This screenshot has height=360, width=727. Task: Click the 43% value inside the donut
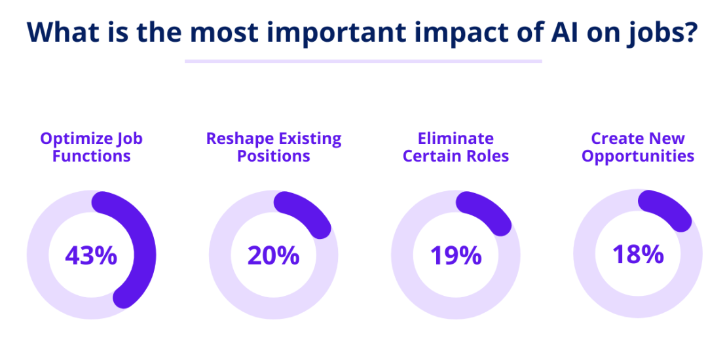pos(91,255)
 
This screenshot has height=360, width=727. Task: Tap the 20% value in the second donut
pos(273,255)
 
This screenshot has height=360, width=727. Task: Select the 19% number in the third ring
pos(455,255)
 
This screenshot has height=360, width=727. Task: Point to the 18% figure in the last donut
pos(637,254)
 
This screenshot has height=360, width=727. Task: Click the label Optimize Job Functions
pos(91,147)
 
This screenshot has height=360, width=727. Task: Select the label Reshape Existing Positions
pos(273,147)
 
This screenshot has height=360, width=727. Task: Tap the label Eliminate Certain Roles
pos(455,147)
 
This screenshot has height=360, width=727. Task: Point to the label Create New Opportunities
pos(637,147)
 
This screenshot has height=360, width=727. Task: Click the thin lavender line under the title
pos(363,62)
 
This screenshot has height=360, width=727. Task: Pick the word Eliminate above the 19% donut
pos(455,139)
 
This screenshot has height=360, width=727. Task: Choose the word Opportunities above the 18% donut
pos(637,156)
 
